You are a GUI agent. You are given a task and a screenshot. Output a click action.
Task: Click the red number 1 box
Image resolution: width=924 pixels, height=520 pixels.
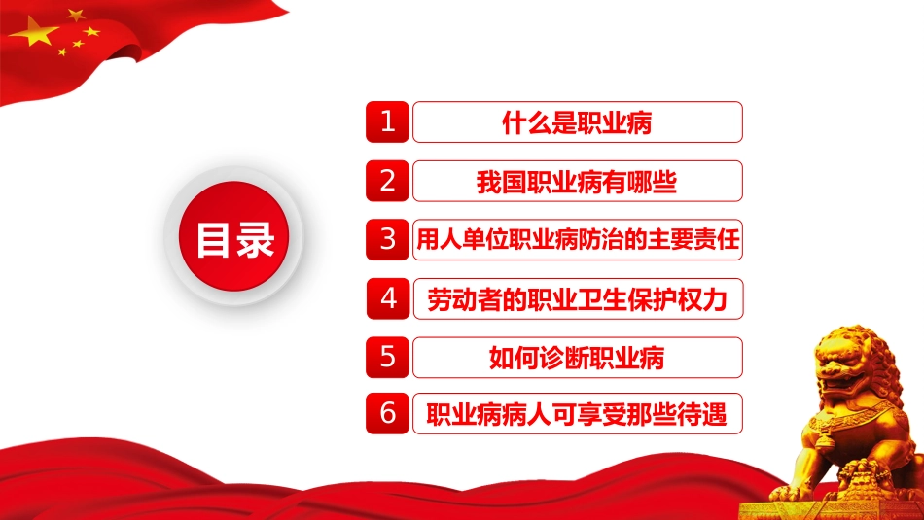387,121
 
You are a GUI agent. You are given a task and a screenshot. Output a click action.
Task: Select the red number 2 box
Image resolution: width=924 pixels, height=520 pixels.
387,181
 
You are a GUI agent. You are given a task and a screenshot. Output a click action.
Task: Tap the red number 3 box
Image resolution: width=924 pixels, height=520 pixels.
387,240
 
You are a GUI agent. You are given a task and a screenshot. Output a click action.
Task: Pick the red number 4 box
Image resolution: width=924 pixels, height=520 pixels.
388,298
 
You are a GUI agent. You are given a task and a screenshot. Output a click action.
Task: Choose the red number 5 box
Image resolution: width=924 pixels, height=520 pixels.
387,358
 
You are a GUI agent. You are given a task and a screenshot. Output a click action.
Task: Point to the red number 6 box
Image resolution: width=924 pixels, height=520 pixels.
387,413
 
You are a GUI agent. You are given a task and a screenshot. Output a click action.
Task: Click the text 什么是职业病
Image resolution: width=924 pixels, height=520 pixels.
577,123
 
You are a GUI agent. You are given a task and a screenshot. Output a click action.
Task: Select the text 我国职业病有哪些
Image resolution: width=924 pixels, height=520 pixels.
577,182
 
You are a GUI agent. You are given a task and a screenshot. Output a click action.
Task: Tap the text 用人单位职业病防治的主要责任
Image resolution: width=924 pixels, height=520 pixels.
578,240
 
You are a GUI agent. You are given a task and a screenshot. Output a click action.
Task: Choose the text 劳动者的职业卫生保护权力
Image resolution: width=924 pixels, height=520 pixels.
578,299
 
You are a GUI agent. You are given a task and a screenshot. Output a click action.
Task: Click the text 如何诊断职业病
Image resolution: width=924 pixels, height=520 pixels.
577,358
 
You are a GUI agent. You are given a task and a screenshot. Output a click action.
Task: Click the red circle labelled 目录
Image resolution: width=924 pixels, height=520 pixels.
234,236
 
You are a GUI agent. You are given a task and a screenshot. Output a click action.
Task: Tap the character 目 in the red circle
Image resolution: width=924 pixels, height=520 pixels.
213,240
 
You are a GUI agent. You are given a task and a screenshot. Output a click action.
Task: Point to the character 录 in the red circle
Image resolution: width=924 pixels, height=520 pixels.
255,240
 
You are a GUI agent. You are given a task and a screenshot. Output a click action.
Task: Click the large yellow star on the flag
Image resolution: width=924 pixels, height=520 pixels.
35,32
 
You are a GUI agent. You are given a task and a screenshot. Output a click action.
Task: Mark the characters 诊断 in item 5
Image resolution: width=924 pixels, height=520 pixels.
564,358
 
